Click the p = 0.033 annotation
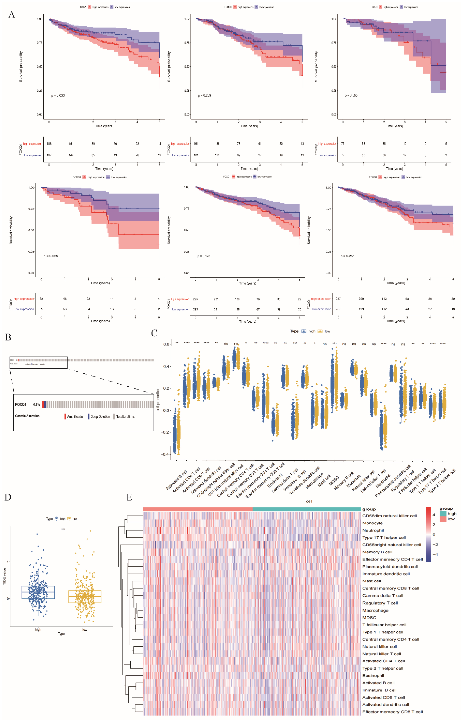coord(58,95)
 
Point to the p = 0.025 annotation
coord(51,256)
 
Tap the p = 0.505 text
coord(351,95)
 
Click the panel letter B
coord(8,337)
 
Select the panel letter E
coord(129,497)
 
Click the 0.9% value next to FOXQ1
coord(36,405)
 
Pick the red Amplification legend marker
coord(65,417)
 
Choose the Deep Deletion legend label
coord(100,417)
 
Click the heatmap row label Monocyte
coord(372,523)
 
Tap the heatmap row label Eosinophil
coord(373,676)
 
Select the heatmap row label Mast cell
coord(372,581)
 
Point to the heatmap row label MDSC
coord(369,618)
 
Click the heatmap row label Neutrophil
coord(373,530)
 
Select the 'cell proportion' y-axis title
coord(158,399)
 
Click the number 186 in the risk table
coord(49,144)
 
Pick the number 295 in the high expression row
coord(195,299)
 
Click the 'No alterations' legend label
coord(125,417)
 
